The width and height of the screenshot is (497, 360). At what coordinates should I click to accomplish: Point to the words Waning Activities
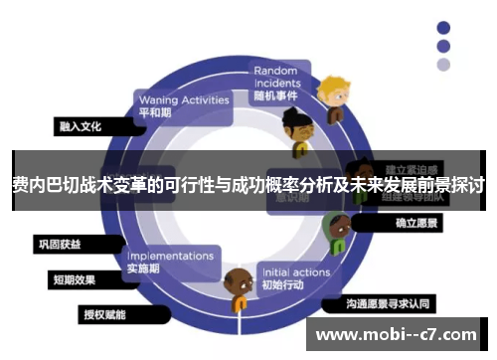183,99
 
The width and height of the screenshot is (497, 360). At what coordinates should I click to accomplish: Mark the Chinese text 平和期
155,112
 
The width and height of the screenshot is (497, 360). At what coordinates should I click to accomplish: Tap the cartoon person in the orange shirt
239,290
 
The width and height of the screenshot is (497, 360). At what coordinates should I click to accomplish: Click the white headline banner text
248,185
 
